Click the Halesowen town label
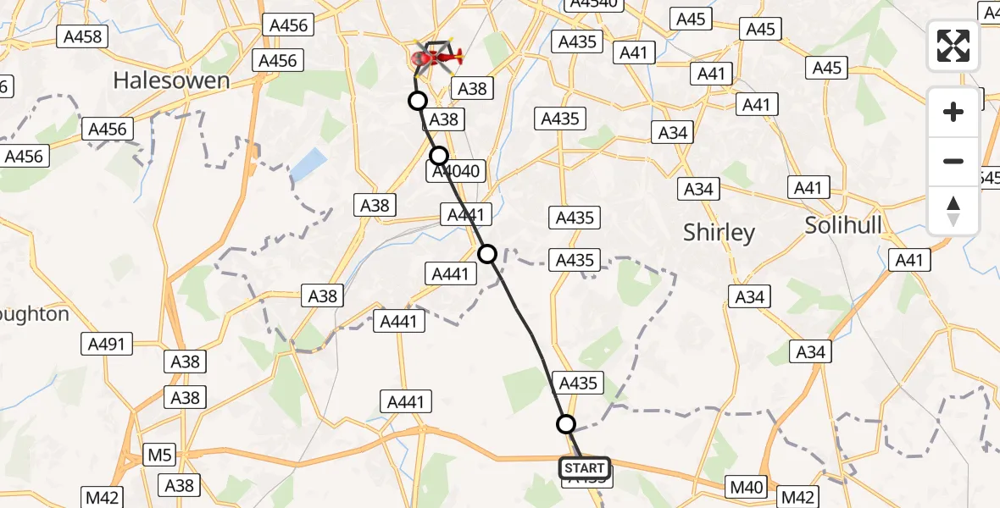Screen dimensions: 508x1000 [171, 80]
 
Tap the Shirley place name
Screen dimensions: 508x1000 [719, 233]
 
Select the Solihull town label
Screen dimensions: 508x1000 [843, 225]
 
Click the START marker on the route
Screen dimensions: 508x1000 [584, 468]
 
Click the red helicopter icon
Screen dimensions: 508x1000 [436, 58]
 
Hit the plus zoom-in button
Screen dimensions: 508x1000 [953, 112]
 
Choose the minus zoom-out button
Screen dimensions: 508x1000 [953, 161]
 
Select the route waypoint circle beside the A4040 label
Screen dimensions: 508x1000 [438, 156]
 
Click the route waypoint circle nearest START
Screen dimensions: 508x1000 [565, 424]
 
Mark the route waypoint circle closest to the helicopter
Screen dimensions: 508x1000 [417, 102]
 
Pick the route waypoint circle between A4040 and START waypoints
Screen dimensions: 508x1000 [487, 253]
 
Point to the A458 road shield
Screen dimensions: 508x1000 [82, 36]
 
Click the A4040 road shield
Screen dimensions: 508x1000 [456, 171]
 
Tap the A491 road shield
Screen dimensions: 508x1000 [107, 344]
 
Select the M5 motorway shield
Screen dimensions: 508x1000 [159, 456]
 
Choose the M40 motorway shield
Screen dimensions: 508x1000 [747, 487]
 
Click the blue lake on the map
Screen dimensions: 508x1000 [308, 165]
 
